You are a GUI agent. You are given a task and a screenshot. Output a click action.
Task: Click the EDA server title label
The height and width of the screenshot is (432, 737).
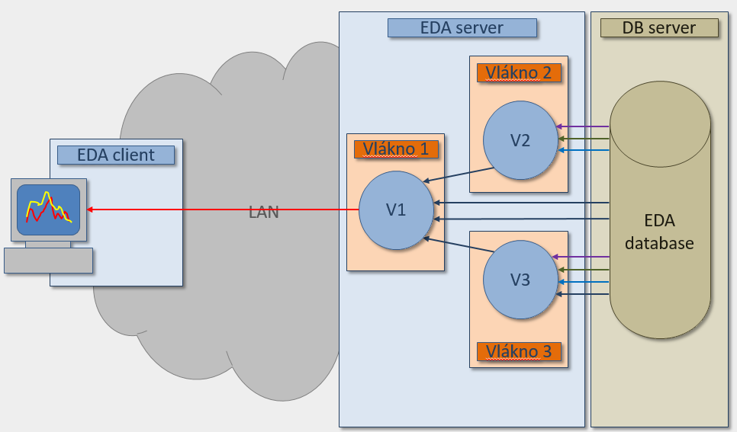click(462, 28)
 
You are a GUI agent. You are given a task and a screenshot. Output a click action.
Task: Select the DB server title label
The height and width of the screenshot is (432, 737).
click(659, 28)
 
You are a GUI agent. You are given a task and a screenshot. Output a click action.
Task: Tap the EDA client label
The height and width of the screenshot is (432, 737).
click(116, 155)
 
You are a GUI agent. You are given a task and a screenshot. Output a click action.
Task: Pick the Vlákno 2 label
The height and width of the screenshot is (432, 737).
click(519, 73)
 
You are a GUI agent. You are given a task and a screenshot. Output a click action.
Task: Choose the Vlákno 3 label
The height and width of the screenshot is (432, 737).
click(519, 351)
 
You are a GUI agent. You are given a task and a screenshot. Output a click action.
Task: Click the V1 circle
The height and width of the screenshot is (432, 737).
click(396, 210)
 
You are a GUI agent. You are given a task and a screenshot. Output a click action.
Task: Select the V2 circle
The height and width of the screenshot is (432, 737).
click(520, 140)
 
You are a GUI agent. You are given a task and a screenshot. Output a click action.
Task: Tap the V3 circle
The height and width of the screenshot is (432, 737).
click(520, 280)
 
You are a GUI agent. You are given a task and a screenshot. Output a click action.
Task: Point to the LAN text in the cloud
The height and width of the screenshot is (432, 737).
click(264, 213)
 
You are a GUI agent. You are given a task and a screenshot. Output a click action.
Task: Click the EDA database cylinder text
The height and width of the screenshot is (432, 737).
click(659, 232)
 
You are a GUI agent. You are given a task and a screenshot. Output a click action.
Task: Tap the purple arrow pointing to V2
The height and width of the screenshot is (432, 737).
click(584, 126)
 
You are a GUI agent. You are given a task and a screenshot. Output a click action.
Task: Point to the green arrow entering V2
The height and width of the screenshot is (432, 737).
click(584, 139)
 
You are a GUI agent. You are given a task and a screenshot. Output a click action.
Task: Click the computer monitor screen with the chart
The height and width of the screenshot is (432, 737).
click(48, 208)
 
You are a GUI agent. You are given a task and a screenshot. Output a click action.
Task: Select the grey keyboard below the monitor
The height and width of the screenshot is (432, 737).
click(48, 261)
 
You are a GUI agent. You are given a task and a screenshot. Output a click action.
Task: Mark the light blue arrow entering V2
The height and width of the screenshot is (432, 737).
click(584, 150)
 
